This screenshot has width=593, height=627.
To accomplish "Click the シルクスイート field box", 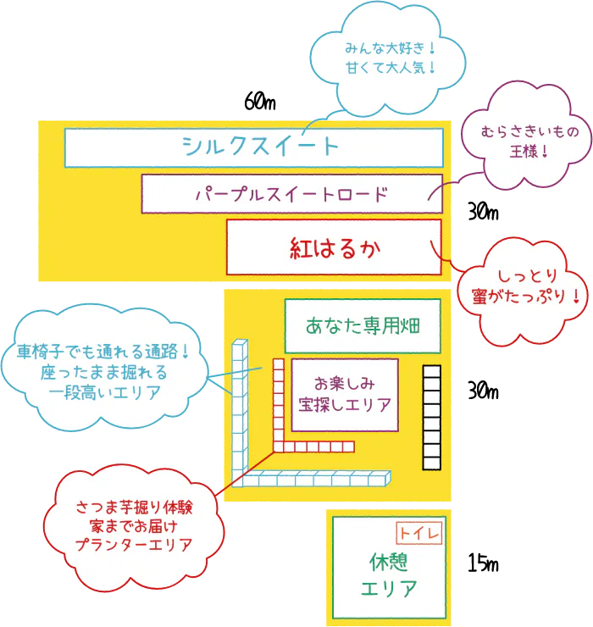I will tap(254, 147).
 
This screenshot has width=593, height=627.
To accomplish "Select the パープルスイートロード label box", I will tap(291, 194).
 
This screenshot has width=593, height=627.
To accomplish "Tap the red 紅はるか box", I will tap(334, 247).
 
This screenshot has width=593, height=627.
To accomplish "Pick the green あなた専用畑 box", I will tap(363, 325).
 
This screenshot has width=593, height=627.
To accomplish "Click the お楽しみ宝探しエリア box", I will tap(344, 394).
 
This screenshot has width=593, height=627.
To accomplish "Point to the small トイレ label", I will tap(419, 532).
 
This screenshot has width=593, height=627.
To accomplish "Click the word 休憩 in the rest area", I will tap(389, 562).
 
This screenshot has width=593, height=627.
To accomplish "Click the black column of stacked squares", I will tap(432, 417).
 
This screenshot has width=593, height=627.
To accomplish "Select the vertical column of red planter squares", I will tap(278, 402).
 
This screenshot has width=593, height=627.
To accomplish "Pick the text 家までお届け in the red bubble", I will tap(134, 526).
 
